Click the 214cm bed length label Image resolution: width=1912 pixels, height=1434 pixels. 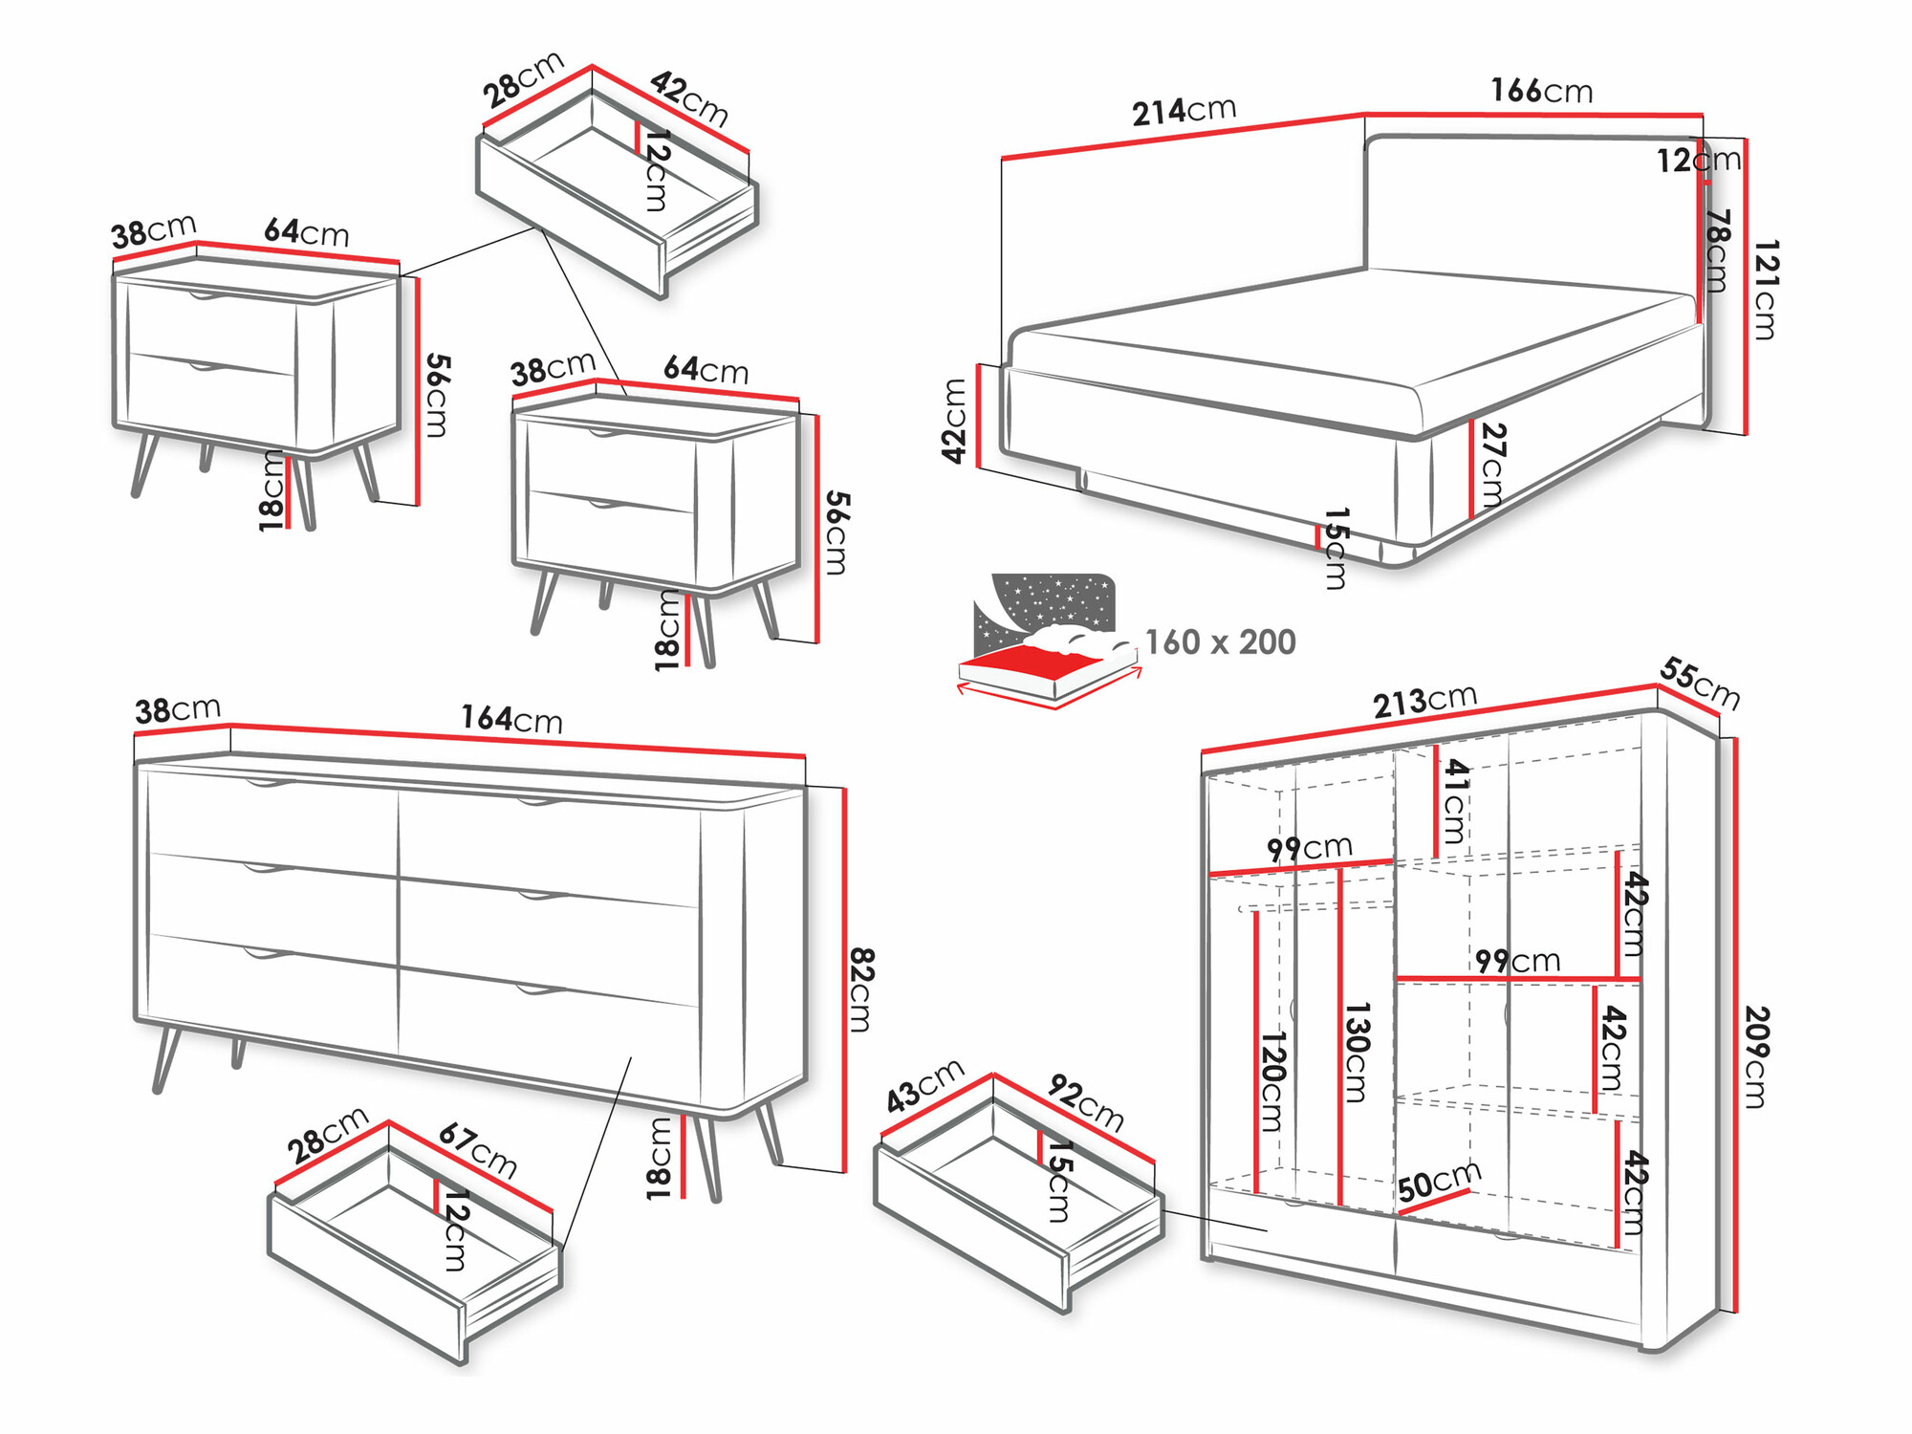click(x=1184, y=111)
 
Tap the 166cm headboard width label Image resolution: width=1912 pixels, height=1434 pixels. click(x=1541, y=91)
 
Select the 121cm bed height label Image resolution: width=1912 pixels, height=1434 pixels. click(x=1765, y=290)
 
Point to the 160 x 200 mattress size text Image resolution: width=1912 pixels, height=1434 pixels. click(x=1220, y=642)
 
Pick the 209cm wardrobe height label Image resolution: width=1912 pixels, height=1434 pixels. click(x=1755, y=1056)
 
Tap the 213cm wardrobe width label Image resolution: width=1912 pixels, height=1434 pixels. click(x=1424, y=701)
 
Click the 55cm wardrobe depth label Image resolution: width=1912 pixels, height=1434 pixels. click(x=1699, y=683)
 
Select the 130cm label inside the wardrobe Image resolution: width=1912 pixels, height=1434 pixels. click(x=1357, y=1053)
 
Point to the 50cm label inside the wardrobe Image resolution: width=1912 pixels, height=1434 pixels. click(x=1439, y=1182)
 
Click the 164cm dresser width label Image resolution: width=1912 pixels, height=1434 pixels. click(x=511, y=719)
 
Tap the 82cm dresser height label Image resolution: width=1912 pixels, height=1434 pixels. click(x=859, y=989)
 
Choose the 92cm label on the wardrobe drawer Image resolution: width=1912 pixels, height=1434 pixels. click(x=1085, y=1101)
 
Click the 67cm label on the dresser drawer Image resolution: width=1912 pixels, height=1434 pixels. click(x=477, y=1150)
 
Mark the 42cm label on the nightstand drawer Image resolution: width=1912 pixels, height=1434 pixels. click(x=689, y=98)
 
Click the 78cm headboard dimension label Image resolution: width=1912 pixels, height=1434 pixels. click(x=1717, y=250)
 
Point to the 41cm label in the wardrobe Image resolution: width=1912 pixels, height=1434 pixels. click(x=1454, y=801)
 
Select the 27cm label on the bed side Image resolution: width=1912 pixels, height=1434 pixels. click(x=1491, y=465)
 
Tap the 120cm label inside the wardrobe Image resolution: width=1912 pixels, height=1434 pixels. click(x=1272, y=1081)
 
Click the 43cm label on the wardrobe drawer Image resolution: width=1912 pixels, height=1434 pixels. click(x=924, y=1086)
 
